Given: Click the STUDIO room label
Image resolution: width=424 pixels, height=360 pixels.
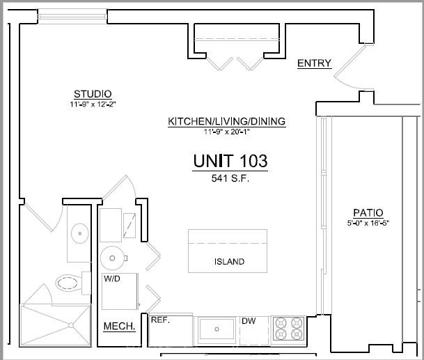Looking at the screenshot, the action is (x=93, y=94).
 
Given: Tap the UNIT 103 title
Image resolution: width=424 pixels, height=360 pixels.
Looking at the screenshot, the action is (x=230, y=161).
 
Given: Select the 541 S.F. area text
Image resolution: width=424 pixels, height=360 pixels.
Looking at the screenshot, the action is (x=230, y=178).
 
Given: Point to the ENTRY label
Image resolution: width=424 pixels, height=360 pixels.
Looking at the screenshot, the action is (x=314, y=63).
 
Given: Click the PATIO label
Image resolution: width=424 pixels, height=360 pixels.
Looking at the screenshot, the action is (x=368, y=212).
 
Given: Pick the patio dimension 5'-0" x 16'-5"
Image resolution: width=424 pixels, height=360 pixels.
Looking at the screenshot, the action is (x=368, y=223).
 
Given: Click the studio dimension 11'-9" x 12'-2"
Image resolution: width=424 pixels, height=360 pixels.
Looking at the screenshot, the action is (x=93, y=104).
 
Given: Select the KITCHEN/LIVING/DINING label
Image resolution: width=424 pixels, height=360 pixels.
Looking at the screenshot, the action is (x=226, y=121).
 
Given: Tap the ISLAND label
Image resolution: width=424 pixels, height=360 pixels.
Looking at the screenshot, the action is (x=229, y=262).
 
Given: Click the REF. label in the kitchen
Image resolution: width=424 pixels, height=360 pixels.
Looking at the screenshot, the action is (x=160, y=320).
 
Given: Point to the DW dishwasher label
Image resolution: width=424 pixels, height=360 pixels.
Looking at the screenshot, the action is (x=249, y=321).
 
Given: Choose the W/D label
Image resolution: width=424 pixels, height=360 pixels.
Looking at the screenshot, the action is (x=112, y=279).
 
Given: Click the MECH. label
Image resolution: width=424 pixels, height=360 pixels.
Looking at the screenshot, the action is (x=119, y=326).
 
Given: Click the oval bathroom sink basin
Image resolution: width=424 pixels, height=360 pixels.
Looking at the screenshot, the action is (x=80, y=233).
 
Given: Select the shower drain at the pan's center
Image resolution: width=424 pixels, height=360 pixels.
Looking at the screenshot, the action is (x=71, y=325).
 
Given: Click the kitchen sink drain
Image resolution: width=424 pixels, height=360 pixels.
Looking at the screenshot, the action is (x=217, y=329).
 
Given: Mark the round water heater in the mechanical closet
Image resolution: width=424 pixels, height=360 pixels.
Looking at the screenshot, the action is (x=112, y=258).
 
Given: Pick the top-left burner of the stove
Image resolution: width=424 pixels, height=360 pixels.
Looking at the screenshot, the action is (x=281, y=322).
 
